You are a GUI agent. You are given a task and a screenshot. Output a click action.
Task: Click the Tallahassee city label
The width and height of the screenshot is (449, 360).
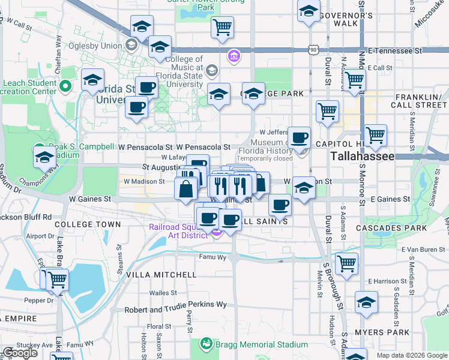[363, 156]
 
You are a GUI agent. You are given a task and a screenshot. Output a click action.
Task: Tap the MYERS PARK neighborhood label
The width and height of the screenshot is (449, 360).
[382, 332]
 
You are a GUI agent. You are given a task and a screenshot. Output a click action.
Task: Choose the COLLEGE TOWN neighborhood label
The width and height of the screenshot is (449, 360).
[88, 224]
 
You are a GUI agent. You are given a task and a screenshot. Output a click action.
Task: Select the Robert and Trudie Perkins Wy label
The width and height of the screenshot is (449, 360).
[175, 305]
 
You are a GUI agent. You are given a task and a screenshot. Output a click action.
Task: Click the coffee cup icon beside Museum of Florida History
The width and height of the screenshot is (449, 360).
[299, 137]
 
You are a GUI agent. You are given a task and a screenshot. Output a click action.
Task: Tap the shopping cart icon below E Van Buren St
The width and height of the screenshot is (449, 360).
[346, 263]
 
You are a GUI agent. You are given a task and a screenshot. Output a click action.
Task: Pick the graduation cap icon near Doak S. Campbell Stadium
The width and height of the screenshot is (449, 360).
[44, 158]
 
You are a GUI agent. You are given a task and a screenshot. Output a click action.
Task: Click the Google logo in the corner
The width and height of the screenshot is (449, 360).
[20, 353]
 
